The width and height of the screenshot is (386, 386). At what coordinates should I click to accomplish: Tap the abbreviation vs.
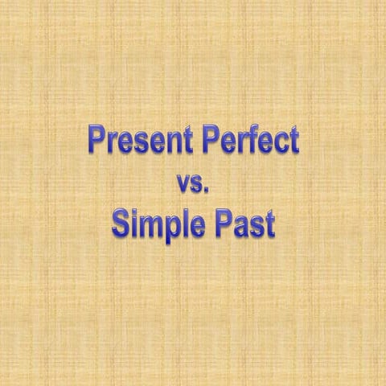[192, 184]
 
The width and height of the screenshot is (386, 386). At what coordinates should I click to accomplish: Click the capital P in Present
[96, 142]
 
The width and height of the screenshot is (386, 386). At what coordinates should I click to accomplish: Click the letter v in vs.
[183, 186]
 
